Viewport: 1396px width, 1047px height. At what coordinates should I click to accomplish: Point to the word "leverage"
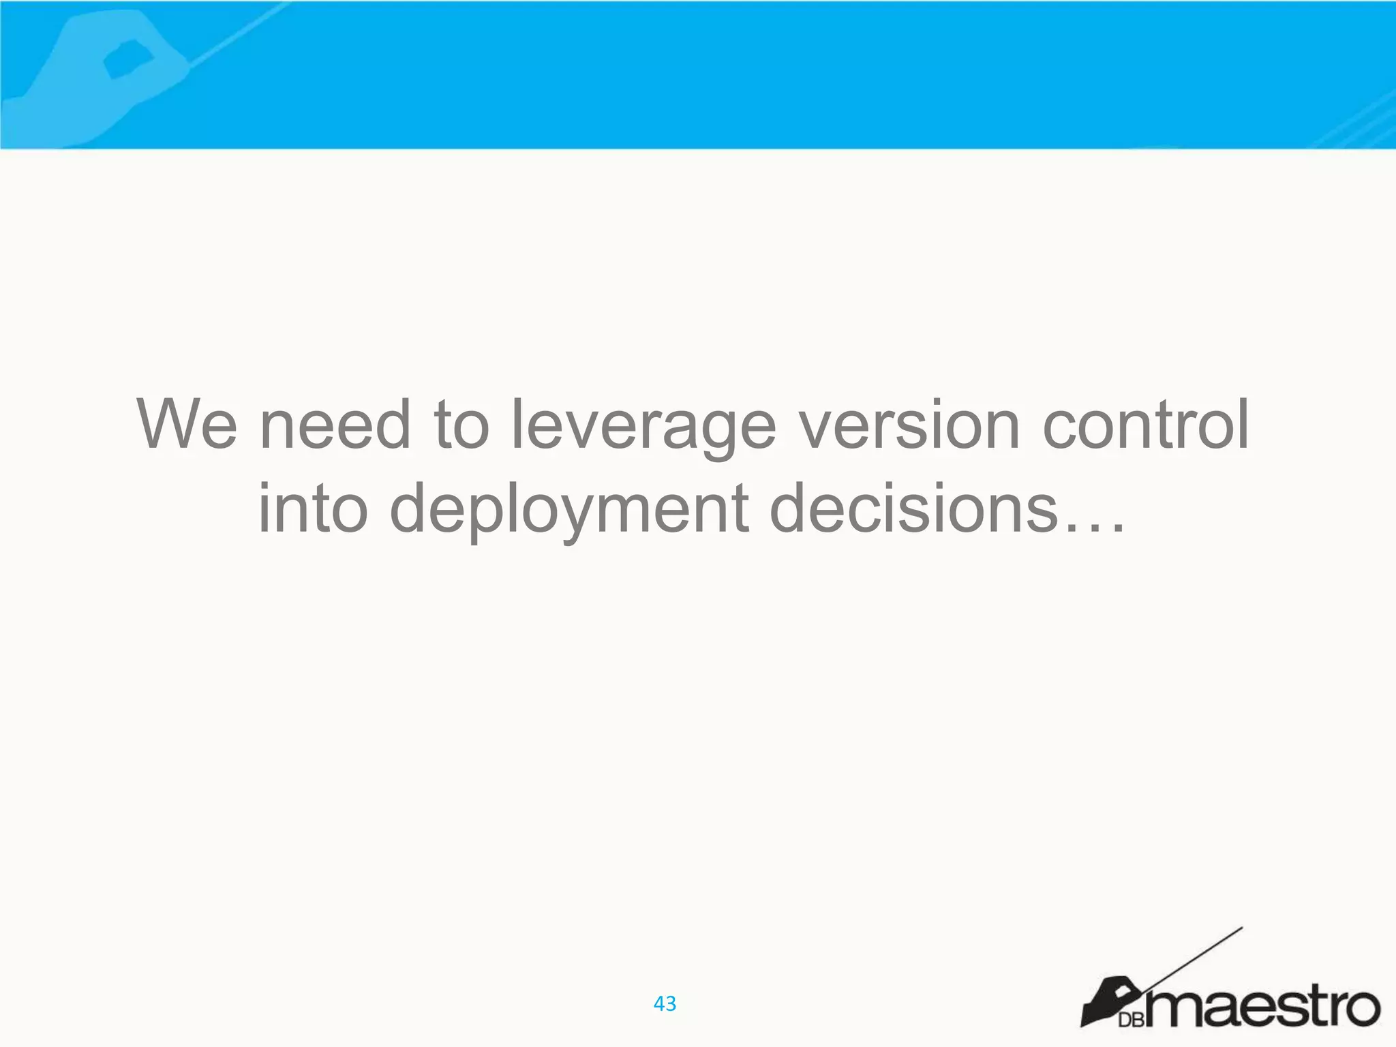[643, 426]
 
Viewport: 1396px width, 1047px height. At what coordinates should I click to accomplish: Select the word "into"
[313, 509]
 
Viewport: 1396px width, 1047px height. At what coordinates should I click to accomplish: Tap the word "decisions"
[914, 509]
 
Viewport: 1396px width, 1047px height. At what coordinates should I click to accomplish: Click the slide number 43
[665, 1003]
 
